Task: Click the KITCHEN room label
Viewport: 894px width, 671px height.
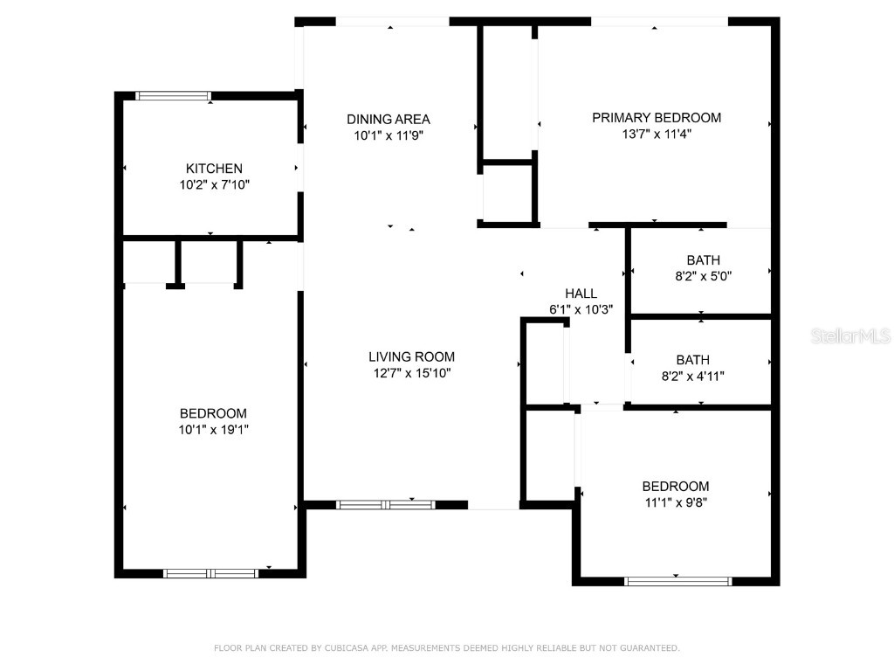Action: coord(214,168)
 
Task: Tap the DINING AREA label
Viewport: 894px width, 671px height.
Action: coord(389,119)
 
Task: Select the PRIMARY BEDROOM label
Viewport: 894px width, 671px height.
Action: coord(657,117)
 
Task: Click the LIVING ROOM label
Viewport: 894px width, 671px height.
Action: coord(411,356)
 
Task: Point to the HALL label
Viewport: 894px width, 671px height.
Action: coord(581,294)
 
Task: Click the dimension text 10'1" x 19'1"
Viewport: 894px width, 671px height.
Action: coord(214,430)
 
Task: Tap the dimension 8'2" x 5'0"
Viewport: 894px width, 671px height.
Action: coord(703,276)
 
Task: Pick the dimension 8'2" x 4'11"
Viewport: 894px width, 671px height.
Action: coord(703,377)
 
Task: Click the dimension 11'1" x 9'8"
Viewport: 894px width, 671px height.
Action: coord(676,502)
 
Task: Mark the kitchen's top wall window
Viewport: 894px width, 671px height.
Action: coord(174,96)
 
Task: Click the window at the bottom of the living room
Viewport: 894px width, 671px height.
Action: coord(385,504)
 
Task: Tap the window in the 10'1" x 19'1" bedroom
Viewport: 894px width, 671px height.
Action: coord(210,573)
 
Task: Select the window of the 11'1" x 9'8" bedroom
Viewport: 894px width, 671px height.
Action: coord(678,580)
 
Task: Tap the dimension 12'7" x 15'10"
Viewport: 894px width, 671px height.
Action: coord(411,373)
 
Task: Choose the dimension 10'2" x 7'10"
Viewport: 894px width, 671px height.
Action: coord(214,184)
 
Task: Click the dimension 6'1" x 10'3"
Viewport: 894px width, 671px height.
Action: coord(581,309)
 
